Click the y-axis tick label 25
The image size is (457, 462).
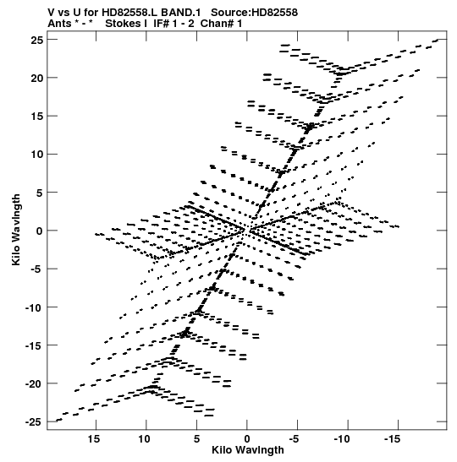click(x=37, y=40)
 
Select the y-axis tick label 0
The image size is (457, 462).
click(x=40, y=231)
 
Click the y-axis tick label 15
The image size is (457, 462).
click(x=37, y=117)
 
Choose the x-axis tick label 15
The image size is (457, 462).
click(x=94, y=439)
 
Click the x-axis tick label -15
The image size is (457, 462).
click(x=393, y=439)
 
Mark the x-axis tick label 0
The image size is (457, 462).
click(x=247, y=439)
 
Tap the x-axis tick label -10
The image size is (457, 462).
click(x=342, y=439)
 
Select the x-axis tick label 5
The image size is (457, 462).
click(x=196, y=439)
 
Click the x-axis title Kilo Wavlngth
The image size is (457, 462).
click(x=248, y=450)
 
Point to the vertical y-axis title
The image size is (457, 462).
click(x=16, y=230)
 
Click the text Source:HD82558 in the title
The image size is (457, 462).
click(x=254, y=13)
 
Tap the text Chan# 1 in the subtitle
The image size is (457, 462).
click(x=221, y=24)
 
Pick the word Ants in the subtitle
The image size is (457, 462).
click(x=59, y=24)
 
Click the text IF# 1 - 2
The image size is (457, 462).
click(x=173, y=24)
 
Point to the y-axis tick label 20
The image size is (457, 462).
click(x=37, y=78)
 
